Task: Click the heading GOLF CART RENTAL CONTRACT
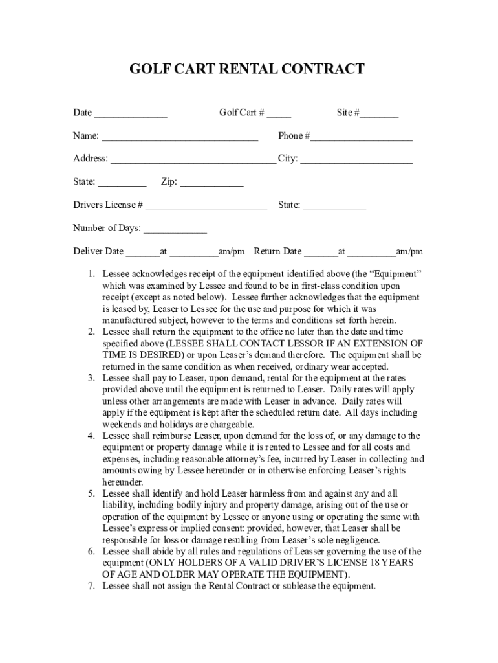click(248, 69)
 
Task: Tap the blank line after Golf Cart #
click(279, 117)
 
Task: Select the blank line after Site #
click(380, 117)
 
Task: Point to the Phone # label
click(294, 136)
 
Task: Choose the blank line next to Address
click(193, 163)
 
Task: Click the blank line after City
click(356, 163)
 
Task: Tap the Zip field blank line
click(211, 186)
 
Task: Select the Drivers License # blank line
click(206, 209)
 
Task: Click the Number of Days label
click(107, 229)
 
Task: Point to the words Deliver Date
click(98, 252)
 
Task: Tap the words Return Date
click(277, 252)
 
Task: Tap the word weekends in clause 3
click(122, 424)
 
